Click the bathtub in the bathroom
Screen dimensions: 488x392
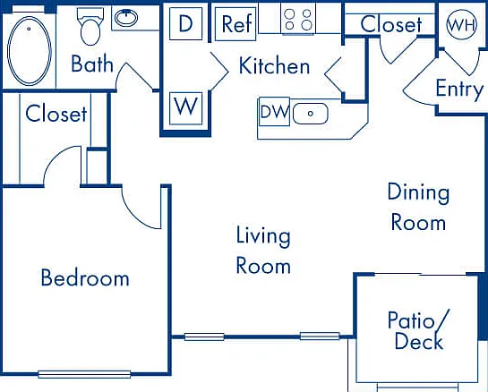(30, 50)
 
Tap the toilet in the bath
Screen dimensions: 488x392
(90, 27)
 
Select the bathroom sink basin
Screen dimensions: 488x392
(126, 18)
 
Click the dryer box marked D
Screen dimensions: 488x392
(186, 23)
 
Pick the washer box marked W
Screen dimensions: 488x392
(186, 108)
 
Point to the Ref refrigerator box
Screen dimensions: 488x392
(235, 24)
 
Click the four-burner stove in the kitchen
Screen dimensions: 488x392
(298, 20)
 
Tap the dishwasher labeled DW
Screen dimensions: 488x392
(274, 111)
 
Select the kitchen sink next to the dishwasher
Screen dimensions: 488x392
(311, 114)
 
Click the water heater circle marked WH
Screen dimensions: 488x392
(461, 24)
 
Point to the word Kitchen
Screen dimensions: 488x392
(274, 65)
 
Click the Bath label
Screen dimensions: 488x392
(92, 64)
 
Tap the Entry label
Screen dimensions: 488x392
(459, 89)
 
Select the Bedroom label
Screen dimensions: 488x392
(85, 277)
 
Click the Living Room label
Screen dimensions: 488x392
(263, 250)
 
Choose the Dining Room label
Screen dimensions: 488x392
(418, 207)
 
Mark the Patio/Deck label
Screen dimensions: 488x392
(418, 329)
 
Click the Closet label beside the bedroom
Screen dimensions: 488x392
(56, 114)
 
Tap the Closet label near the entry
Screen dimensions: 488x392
(391, 24)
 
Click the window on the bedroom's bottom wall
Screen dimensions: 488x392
(84, 374)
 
